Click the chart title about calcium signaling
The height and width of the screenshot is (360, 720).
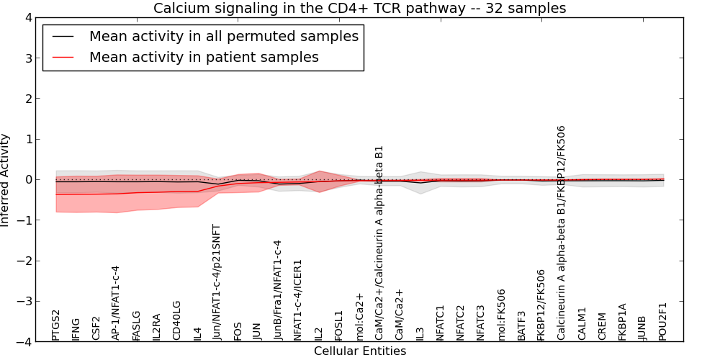pos(359,8)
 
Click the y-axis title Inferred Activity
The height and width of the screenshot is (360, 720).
pos(6,179)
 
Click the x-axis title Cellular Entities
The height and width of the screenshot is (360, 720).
pos(359,351)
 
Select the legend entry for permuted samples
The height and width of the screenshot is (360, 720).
pos(223,37)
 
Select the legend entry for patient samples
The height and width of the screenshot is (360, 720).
pos(204,57)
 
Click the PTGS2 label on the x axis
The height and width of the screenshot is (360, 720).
pos(56,325)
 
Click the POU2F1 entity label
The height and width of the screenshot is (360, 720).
pos(663,321)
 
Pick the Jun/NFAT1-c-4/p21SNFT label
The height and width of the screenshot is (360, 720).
pos(217,282)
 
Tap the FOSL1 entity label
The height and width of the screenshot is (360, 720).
pos(339,325)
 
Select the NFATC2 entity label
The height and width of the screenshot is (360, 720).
pos(461,321)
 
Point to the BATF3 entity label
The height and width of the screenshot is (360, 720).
pos(521,325)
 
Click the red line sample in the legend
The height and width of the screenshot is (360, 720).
pos(62,57)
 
